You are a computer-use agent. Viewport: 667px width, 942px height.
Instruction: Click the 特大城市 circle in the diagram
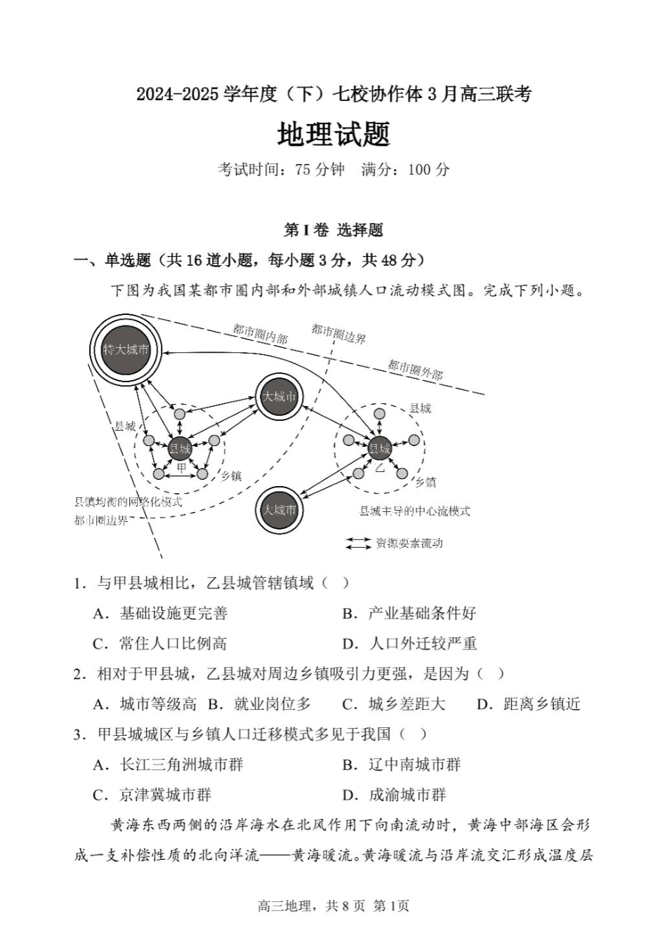(x=126, y=349)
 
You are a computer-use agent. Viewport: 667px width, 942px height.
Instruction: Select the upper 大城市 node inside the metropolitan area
(x=279, y=397)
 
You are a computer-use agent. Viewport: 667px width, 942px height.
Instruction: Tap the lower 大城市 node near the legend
(x=279, y=510)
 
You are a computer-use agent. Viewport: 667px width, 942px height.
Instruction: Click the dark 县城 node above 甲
(x=180, y=448)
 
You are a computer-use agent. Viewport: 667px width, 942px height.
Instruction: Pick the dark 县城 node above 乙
(x=380, y=448)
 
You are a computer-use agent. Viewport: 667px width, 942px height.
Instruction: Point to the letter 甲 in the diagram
(x=181, y=468)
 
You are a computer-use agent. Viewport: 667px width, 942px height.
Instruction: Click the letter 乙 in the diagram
(x=380, y=466)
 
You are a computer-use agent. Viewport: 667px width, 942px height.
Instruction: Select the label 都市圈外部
(x=415, y=369)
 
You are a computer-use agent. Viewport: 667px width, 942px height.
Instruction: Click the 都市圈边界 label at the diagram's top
(x=338, y=333)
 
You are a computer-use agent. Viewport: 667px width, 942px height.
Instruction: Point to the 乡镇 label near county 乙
(x=425, y=482)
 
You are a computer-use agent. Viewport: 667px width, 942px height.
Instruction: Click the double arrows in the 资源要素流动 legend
(x=358, y=543)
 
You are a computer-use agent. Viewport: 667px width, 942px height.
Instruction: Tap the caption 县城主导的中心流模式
(x=414, y=511)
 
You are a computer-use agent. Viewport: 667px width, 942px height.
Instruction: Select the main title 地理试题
(x=333, y=135)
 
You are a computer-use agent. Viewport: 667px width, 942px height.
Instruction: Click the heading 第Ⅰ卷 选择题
(x=333, y=230)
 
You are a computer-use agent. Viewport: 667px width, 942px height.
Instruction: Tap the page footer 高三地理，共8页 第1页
(x=333, y=906)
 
